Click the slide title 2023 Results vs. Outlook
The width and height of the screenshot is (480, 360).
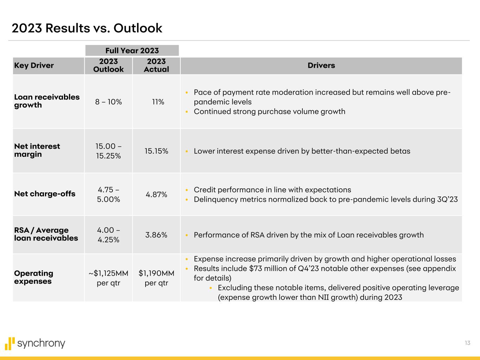pyautogui.click(x=87, y=28)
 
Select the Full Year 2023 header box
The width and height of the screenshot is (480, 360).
pyautogui.click(x=132, y=51)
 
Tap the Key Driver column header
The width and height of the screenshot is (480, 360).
pyautogui.click(x=34, y=65)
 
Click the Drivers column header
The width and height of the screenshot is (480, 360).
pyautogui.click(x=321, y=65)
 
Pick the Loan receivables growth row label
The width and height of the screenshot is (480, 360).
pyautogui.click(x=47, y=101)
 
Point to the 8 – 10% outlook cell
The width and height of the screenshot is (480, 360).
pyautogui.click(x=108, y=102)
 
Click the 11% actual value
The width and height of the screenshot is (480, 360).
pyautogui.click(x=158, y=102)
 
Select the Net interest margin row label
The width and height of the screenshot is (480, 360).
pyautogui.click(x=37, y=150)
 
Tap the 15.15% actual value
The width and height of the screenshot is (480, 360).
pyautogui.click(x=156, y=151)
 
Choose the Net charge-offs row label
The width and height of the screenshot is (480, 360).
pyautogui.click(x=45, y=194)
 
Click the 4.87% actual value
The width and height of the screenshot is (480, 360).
pyautogui.click(x=156, y=194)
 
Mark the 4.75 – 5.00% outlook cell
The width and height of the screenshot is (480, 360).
pyautogui.click(x=108, y=194)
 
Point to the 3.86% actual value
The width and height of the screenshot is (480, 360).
pyautogui.click(x=156, y=235)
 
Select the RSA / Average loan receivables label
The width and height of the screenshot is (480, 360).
pyautogui.click(x=46, y=234)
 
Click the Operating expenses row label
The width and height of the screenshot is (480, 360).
pyautogui.click(x=33, y=277)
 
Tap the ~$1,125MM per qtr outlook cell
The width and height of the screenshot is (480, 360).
pyautogui.click(x=108, y=278)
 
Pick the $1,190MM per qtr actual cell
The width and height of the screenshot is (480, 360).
pyautogui.click(x=156, y=278)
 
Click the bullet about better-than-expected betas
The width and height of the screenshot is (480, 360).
pyautogui.click(x=302, y=151)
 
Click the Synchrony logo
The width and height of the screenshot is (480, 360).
pyautogui.click(x=35, y=343)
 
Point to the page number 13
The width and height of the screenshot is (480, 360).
pyautogui.click(x=467, y=343)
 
